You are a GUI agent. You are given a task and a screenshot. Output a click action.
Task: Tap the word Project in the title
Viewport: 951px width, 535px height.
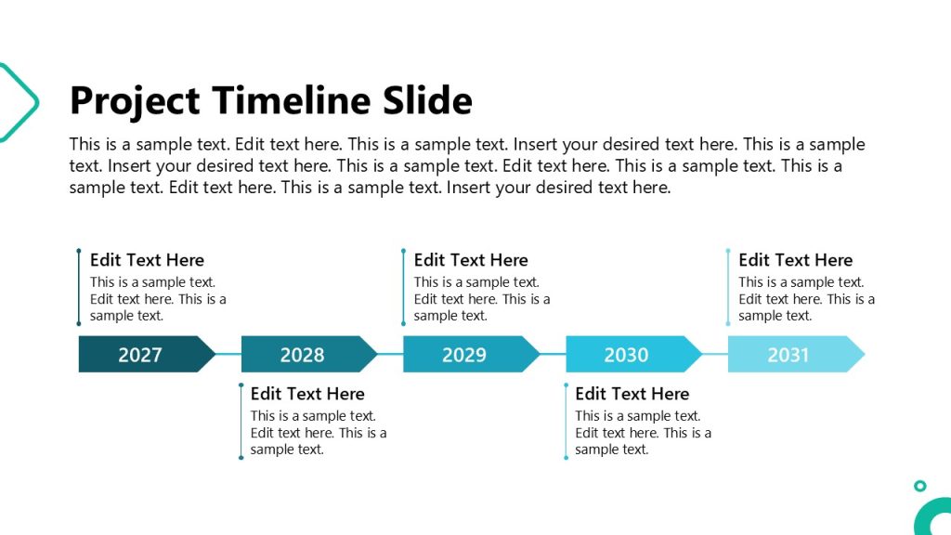(x=135, y=100)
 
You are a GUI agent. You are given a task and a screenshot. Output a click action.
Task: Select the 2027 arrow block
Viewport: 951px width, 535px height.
(x=141, y=354)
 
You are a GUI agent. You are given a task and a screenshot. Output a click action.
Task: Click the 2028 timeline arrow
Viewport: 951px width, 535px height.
(x=303, y=354)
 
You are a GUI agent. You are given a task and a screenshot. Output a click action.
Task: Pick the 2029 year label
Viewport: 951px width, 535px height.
(x=464, y=354)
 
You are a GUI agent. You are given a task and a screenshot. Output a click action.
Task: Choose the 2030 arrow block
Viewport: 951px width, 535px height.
(x=627, y=354)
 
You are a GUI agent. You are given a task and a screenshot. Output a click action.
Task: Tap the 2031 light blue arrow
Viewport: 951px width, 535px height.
(x=789, y=354)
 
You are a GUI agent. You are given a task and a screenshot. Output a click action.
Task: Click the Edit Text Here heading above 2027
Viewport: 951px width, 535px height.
(x=147, y=260)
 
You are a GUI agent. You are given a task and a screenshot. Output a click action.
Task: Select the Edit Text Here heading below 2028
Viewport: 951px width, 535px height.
(x=307, y=394)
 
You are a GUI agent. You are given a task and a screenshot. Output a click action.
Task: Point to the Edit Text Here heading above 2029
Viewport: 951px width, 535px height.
(x=471, y=260)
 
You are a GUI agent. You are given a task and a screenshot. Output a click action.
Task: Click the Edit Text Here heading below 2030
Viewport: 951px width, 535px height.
(x=632, y=394)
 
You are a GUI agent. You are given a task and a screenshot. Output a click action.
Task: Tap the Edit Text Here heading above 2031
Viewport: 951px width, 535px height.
(x=795, y=260)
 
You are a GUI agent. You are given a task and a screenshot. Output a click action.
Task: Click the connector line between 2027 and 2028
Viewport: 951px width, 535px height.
(x=228, y=354)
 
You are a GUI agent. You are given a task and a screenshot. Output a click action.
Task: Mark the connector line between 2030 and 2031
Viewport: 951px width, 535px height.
(x=715, y=354)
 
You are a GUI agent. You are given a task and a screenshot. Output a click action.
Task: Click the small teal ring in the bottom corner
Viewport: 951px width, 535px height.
(x=919, y=486)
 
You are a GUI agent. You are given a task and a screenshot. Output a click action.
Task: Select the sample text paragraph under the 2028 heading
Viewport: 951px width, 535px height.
(x=319, y=433)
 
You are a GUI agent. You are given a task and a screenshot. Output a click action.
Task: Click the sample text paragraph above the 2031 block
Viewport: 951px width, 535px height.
(x=806, y=299)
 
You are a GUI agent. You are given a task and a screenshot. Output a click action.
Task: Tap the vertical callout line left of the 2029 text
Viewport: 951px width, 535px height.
(x=403, y=287)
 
